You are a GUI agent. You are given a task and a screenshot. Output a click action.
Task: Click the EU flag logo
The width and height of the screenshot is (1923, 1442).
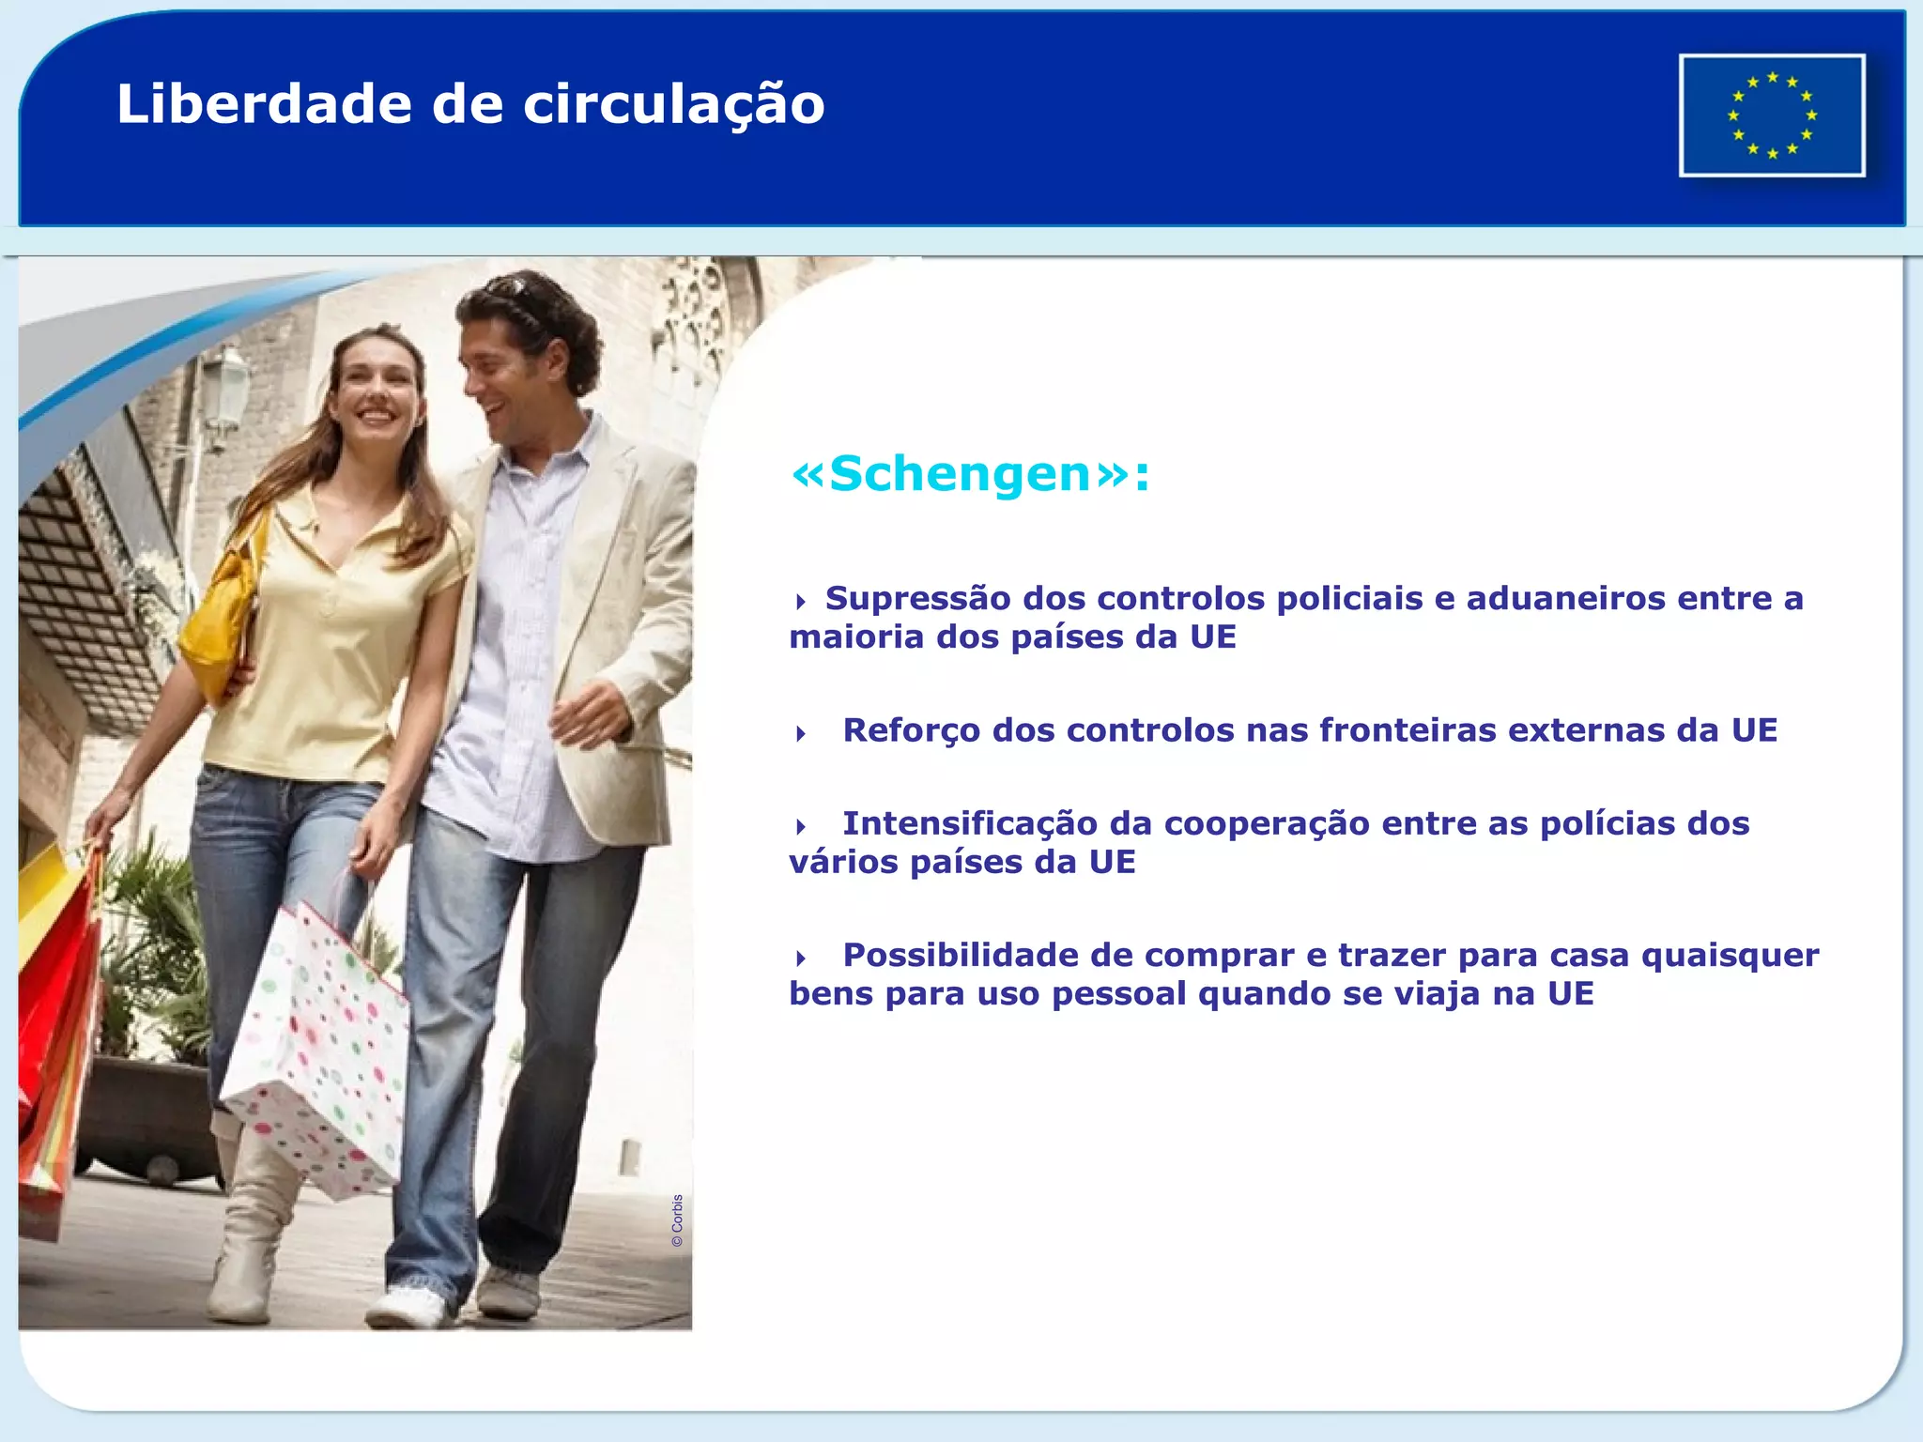[1772, 115]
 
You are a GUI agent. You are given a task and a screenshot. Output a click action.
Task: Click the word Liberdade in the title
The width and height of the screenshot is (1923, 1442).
[264, 103]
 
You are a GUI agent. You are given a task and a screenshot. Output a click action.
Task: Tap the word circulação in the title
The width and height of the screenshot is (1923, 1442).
[673, 105]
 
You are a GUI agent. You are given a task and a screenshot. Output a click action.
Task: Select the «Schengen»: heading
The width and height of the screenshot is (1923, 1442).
[970, 473]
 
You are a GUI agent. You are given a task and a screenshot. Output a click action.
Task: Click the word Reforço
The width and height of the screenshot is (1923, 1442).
[911, 730]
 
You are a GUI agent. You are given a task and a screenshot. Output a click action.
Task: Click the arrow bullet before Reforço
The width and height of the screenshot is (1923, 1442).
[801, 733]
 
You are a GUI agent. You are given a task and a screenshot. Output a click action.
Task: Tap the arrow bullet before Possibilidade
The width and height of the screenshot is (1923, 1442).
[801, 959]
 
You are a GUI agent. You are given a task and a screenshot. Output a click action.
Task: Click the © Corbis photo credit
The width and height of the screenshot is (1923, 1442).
[677, 1220]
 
